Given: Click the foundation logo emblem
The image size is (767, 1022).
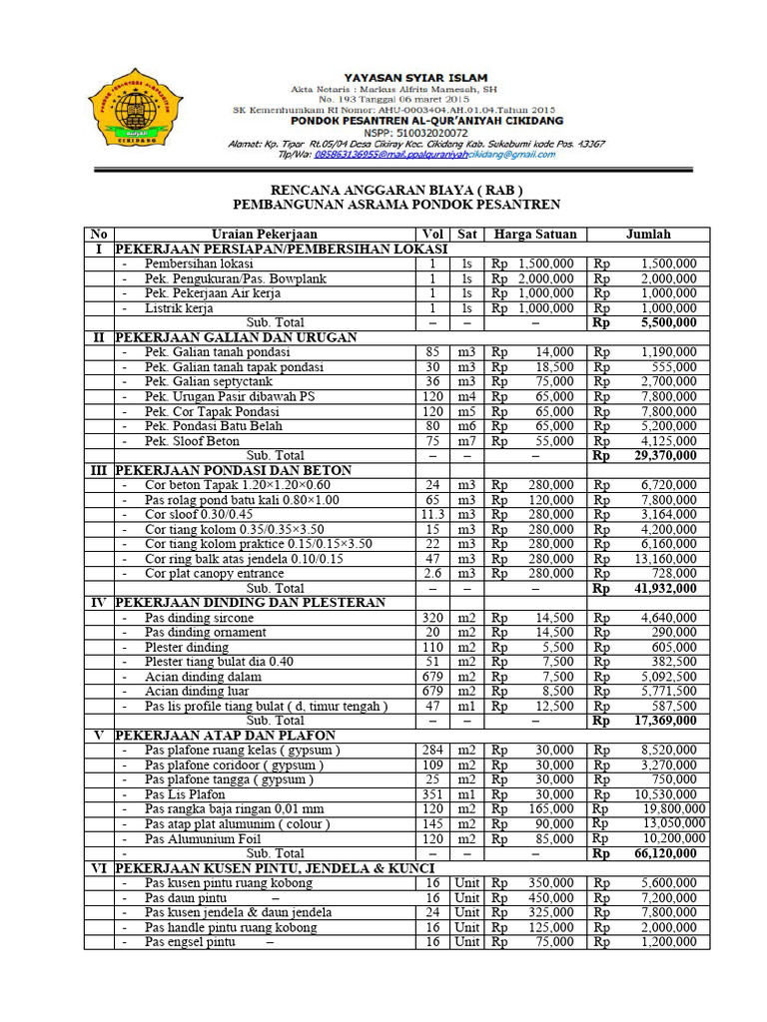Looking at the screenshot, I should [x=135, y=113].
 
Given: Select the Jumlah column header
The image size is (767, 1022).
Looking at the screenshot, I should [x=648, y=235].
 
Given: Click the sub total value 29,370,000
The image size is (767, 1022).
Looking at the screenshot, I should [x=661, y=455].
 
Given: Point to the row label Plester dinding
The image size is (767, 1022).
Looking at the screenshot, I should [x=187, y=647].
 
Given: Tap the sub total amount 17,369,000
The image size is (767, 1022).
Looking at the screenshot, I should [x=661, y=720].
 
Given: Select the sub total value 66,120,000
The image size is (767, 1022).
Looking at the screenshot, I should [x=661, y=853].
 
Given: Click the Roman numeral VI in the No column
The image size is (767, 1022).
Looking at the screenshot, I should [x=99, y=868].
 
